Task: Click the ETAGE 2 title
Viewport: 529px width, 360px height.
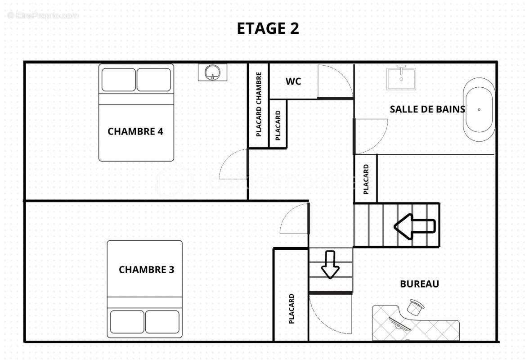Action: pos(268,28)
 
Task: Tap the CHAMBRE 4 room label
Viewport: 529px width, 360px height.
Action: pos(135,132)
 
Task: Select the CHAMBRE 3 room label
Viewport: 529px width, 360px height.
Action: pos(146,270)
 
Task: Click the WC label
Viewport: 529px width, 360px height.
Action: pos(293,81)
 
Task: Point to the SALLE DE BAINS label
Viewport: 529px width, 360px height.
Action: pos(427,109)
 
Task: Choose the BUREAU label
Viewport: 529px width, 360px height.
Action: pos(419,284)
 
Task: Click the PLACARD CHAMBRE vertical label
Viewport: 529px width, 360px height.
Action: pos(259,104)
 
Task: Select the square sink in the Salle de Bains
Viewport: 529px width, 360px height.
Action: pos(401,77)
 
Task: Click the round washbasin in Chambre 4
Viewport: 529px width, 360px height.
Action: pos(212,72)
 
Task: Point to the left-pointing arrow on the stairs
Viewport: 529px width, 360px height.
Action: pos(414,226)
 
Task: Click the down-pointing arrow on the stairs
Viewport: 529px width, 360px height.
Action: pos(330,265)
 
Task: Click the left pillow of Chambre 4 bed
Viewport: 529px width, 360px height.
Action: pos(118,80)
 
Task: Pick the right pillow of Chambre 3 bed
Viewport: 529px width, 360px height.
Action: pos(162,321)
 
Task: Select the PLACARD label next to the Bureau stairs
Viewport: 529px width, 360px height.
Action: pos(366,179)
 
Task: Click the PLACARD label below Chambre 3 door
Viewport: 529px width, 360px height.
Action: pos(291,309)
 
